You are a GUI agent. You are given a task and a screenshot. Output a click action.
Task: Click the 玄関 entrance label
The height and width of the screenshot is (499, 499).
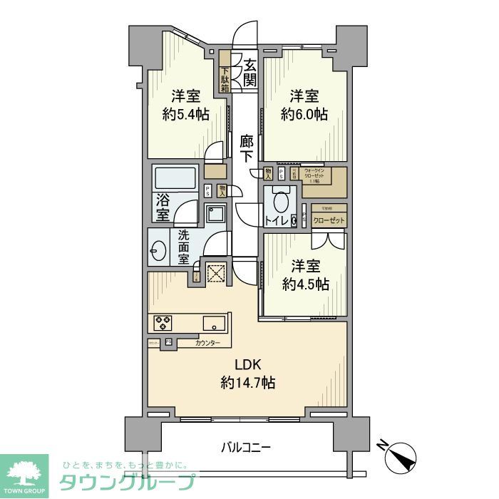pos(249,71)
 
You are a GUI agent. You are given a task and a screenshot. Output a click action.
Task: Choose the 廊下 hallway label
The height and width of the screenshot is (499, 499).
pos(246,148)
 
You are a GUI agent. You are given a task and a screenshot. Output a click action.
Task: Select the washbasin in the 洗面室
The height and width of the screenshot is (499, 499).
pos(160,251)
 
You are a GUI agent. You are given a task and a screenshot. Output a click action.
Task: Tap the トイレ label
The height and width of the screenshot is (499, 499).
pos(277,221)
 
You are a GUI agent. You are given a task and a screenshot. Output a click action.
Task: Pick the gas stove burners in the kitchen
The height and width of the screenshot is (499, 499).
pos(163,323)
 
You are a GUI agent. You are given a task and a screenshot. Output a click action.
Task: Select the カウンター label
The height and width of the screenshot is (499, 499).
pos(207,344)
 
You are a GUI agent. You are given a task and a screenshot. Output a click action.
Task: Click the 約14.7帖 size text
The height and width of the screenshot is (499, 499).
pos(247,383)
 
